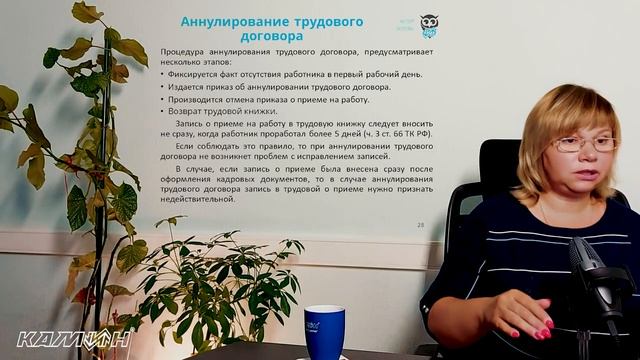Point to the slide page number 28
point(421,225)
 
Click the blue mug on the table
point(324,331)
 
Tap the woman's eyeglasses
point(584,144)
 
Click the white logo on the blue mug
point(313,326)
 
